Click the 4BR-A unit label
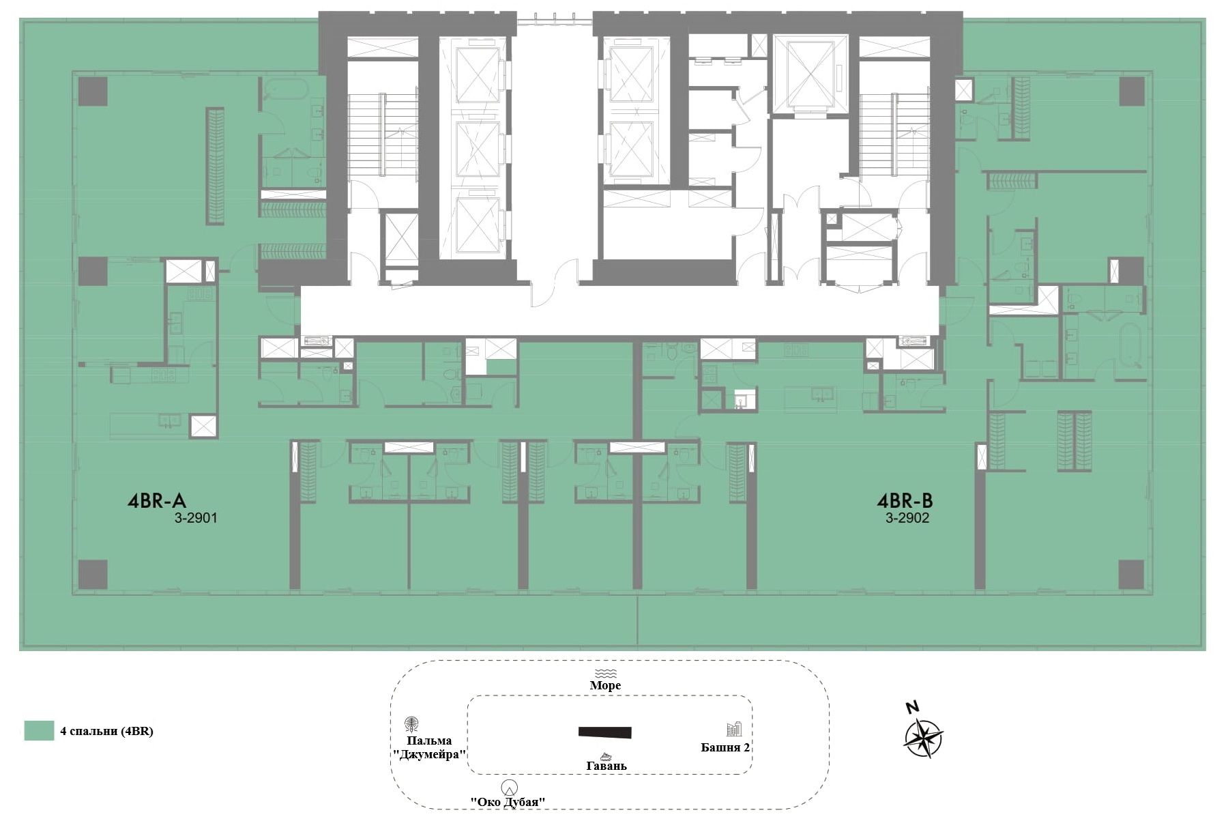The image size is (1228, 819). click(x=157, y=502)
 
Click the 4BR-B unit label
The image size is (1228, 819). click(x=905, y=502)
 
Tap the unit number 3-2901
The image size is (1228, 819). click(x=196, y=518)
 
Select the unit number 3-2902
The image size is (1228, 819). click(x=907, y=518)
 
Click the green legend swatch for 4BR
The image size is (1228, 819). click(x=39, y=730)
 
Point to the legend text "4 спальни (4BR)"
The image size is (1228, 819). click(x=107, y=731)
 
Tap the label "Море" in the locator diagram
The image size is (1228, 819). click(x=605, y=685)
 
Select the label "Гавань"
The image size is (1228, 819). click(x=606, y=766)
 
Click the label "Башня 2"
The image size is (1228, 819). click(x=726, y=747)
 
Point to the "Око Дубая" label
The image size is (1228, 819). click(x=508, y=802)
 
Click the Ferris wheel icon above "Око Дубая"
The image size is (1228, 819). click(x=509, y=787)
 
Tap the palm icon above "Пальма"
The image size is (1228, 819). click(x=411, y=724)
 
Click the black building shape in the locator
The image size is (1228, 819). click(x=605, y=732)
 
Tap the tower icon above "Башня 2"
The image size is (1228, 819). click(x=734, y=729)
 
